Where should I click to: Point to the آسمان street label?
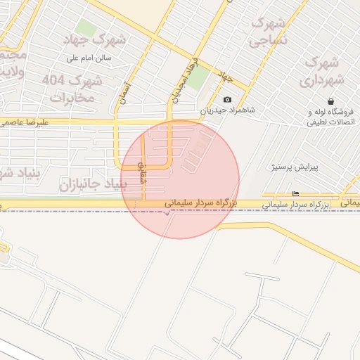pos(125,93)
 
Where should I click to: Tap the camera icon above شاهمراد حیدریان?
pos(227,99)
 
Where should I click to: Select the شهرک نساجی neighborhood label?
pos(269,32)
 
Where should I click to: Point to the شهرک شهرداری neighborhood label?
pos(323,70)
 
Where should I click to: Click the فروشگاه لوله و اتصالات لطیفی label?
pos(330,117)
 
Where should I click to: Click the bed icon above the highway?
pos(295,194)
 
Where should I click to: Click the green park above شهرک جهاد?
pos(87,28)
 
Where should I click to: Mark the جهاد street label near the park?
pos(225,75)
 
